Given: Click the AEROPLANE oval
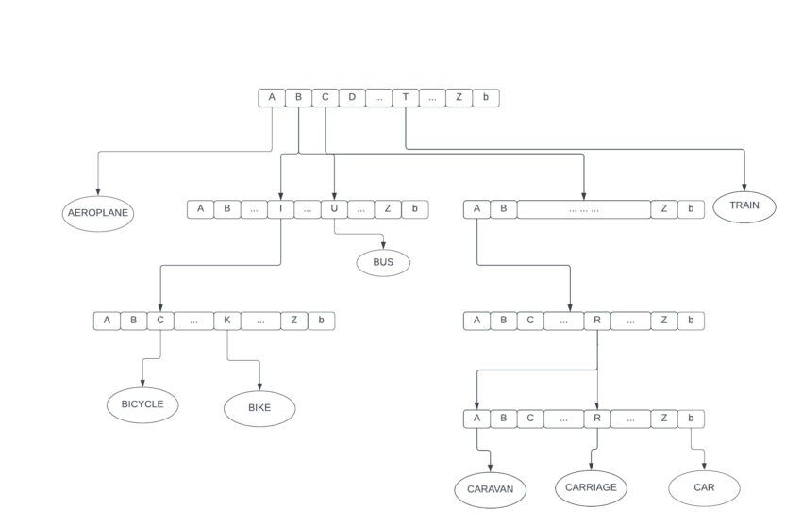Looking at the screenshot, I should (x=98, y=213).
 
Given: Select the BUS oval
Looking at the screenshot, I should (x=383, y=262).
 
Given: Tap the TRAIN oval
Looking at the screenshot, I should (x=744, y=205).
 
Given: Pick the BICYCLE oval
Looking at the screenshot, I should (x=142, y=404).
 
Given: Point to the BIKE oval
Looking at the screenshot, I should (x=259, y=408).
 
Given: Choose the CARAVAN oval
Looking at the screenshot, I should (x=491, y=490).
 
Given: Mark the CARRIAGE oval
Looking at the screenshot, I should (x=592, y=487).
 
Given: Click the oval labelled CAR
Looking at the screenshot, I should (x=704, y=488).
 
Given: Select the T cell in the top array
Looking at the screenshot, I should (x=406, y=97).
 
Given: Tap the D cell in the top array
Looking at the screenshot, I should (x=352, y=97).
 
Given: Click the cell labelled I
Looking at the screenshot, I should (x=281, y=209).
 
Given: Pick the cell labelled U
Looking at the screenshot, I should (x=334, y=209).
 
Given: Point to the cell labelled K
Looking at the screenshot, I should (x=227, y=321).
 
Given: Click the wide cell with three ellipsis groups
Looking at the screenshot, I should (x=584, y=209).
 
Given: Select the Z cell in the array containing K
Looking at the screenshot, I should (x=294, y=321).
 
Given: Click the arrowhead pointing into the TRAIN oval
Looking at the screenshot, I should (x=744, y=188).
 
